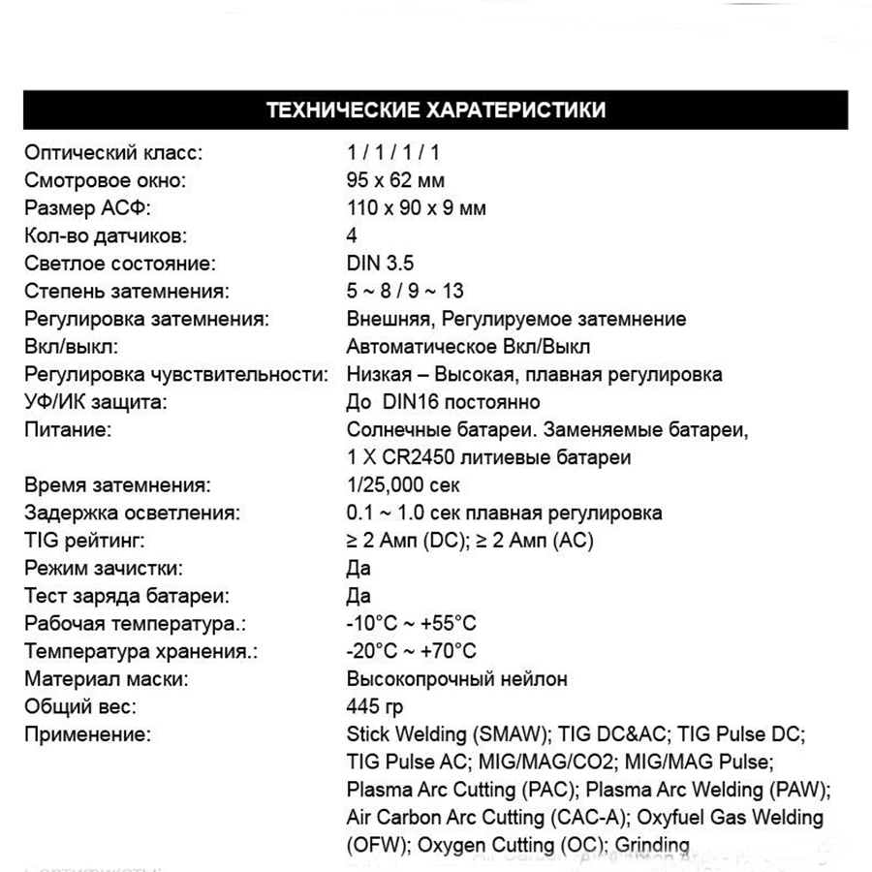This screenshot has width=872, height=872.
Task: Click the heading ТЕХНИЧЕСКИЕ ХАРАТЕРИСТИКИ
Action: click(x=435, y=109)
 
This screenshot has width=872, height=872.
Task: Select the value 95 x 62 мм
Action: click(x=395, y=180)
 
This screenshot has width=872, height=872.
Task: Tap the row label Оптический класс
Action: click(x=114, y=153)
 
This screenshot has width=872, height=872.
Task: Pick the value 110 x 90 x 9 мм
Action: click(x=416, y=208)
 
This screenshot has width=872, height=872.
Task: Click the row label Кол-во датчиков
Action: click(x=107, y=235)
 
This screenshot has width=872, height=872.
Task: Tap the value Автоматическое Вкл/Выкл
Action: click(x=468, y=346)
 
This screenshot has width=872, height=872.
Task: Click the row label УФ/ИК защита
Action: click(x=96, y=402)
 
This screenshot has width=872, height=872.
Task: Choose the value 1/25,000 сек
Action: click(x=402, y=484)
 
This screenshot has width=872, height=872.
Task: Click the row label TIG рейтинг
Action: click(x=88, y=540)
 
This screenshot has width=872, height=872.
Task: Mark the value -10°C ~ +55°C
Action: click(x=411, y=623)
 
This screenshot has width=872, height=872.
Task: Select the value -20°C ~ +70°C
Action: click(x=411, y=651)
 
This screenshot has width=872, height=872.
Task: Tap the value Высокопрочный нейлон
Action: click(x=456, y=678)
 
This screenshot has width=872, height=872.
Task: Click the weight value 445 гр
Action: click(x=375, y=706)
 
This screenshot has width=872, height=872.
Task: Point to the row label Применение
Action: click(x=88, y=733)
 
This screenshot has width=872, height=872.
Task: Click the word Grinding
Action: click(x=652, y=844)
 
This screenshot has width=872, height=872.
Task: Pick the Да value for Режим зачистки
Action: click(x=358, y=568)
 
